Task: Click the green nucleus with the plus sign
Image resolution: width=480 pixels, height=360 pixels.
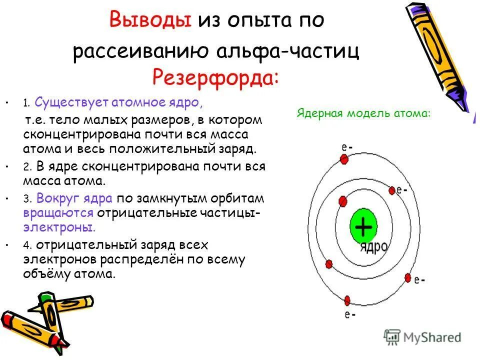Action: coord(362,228)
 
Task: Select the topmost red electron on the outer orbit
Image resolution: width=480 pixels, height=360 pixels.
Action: coord(344,159)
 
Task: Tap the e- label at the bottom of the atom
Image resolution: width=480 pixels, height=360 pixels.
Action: coord(349,315)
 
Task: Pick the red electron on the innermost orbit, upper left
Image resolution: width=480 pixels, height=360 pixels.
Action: coord(342,201)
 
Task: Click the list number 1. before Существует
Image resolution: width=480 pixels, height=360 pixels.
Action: coord(27,103)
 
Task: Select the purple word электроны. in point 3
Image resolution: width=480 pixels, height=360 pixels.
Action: coord(59,227)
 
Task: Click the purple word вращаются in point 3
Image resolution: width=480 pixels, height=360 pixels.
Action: coord(58,212)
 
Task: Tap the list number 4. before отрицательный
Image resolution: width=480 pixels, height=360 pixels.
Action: coord(27,245)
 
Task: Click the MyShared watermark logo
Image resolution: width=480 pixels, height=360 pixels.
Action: coord(423,337)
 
